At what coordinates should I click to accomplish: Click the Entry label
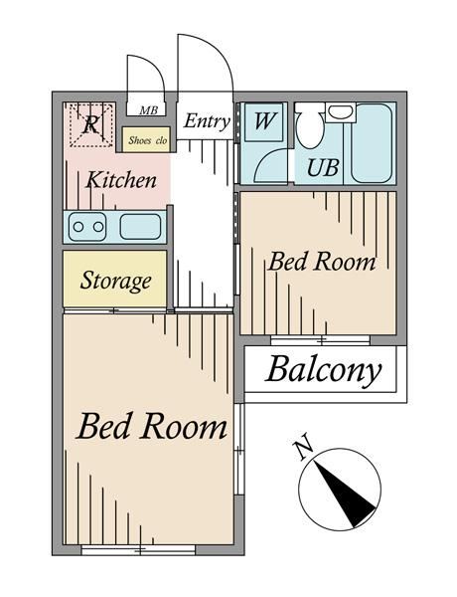tap(207, 121)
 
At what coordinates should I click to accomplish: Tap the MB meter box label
tap(148, 110)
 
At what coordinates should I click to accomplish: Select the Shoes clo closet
tap(147, 139)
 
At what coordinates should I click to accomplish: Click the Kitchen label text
tap(121, 180)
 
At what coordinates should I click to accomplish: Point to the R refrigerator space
tap(90, 124)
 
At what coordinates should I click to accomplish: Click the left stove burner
tap(78, 227)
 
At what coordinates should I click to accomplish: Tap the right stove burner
tap(98, 227)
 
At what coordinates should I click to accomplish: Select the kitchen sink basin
tap(140, 227)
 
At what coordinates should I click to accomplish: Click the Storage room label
tap(115, 281)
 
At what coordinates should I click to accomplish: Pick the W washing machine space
tap(263, 121)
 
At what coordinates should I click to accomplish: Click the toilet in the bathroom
tap(309, 125)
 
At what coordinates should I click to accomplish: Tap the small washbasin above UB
tap(341, 112)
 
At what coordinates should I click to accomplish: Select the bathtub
tap(372, 143)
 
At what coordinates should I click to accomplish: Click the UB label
tap(323, 167)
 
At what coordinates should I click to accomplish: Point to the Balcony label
tap(323, 370)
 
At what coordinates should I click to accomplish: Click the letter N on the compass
tap(303, 450)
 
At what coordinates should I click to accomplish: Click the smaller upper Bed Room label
tap(321, 263)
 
